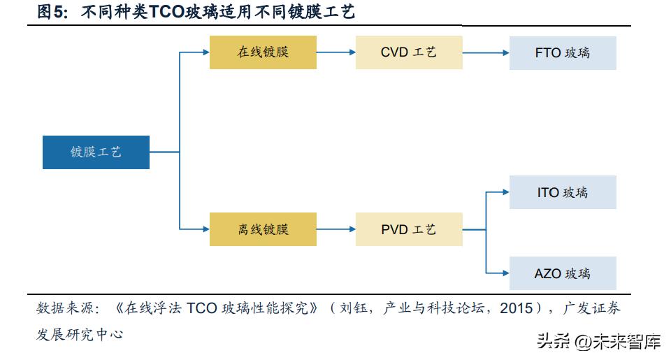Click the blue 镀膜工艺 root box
(x=96, y=152)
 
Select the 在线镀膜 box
(x=263, y=52)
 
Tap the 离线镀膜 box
(x=263, y=229)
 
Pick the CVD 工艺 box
(x=409, y=52)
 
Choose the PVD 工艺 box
(x=409, y=229)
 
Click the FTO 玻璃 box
(x=563, y=52)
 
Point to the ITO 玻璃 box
(x=563, y=192)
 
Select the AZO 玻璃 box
(x=563, y=273)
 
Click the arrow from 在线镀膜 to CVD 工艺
(x=335, y=52)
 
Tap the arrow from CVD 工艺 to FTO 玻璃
(x=486, y=52)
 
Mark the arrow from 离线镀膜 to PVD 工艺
(x=335, y=229)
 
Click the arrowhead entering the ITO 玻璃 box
(x=504, y=192)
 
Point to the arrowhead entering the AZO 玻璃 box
(x=504, y=273)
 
